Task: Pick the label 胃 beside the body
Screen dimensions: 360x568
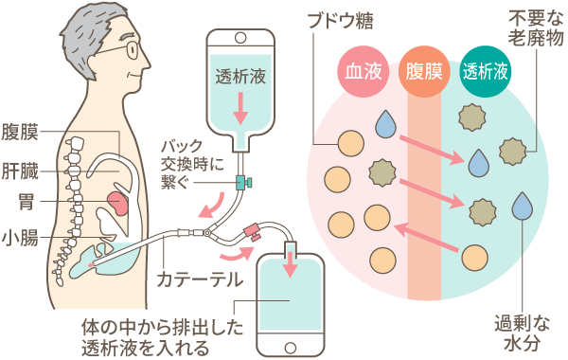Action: click(28, 202)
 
